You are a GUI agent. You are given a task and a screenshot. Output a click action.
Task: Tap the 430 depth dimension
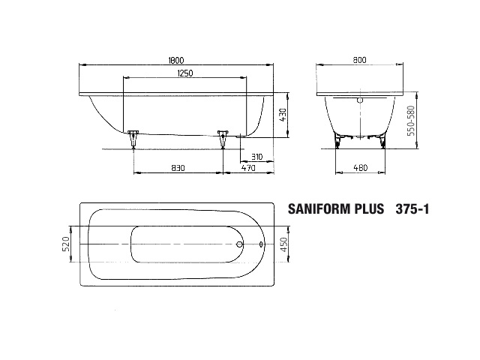(283, 115)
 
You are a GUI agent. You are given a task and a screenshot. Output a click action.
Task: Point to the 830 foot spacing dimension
(177, 169)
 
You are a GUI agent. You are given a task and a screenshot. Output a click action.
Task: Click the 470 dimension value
(249, 169)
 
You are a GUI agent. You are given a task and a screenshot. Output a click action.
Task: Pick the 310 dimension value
(256, 157)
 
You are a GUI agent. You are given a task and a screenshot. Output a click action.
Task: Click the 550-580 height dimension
(412, 120)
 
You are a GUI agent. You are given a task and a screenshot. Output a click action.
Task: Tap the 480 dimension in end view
(359, 169)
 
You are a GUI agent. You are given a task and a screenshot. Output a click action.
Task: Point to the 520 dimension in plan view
(65, 244)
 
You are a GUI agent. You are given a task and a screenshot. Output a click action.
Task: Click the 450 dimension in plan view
(283, 244)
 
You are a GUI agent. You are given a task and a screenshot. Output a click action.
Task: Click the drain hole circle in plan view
(239, 244)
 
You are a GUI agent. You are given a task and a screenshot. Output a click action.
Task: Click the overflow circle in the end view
(359, 100)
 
